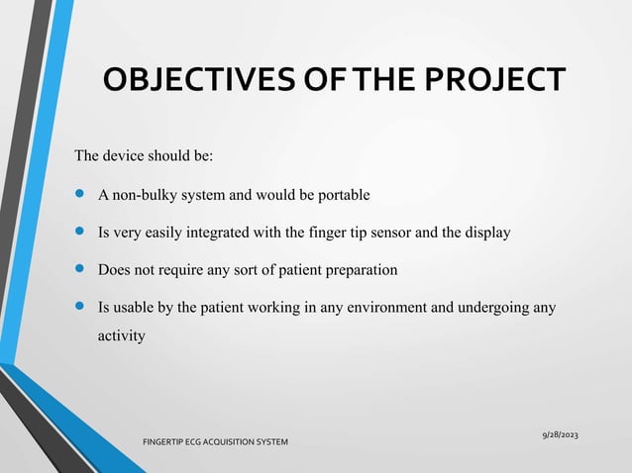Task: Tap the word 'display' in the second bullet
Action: (x=485, y=233)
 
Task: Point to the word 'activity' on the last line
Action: (x=121, y=336)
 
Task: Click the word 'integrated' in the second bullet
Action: (x=228, y=233)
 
